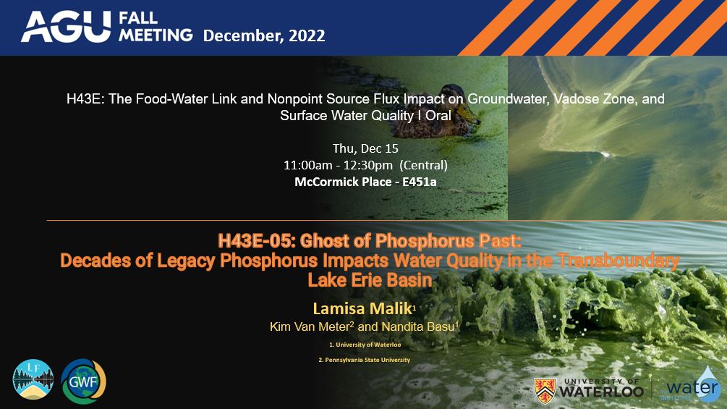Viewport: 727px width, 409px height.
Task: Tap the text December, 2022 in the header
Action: [x=264, y=35]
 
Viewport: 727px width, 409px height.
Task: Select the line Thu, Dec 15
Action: [x=365, y=148]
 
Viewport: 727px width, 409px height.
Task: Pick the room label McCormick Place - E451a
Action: [x=365, y=182]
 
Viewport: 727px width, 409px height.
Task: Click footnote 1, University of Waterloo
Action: [x=365, y=345]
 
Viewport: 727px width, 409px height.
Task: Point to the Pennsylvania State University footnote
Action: [x=365, y=360]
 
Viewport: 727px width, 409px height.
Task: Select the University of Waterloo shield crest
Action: [x=545, y=390]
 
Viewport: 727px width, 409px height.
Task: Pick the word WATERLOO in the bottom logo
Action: [x=600, y=392]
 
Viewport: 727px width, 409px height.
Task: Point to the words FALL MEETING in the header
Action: [x=152, y=27]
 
